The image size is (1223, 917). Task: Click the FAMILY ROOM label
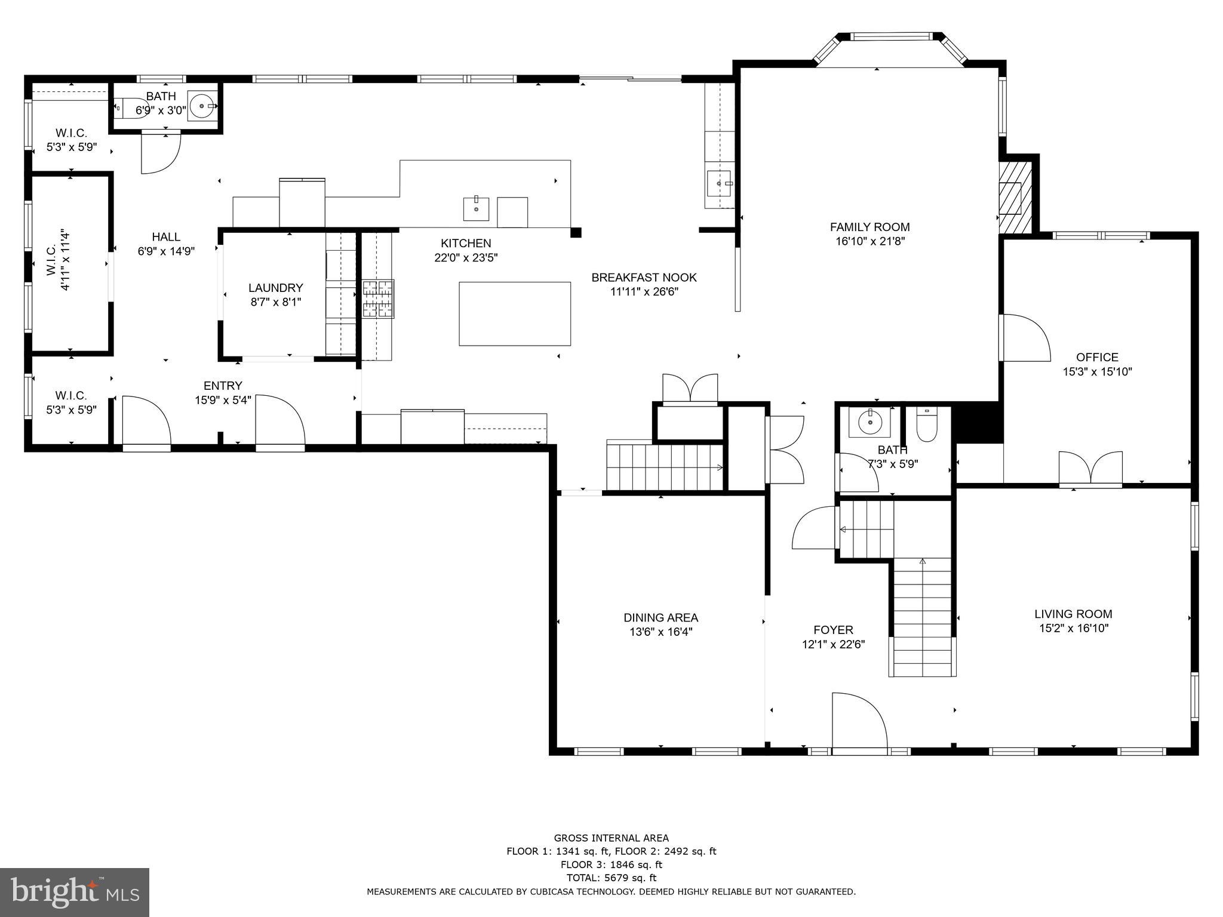coord(869,227)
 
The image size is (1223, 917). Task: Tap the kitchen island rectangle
coord(514,313)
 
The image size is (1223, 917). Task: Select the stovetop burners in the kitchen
coord(378,299)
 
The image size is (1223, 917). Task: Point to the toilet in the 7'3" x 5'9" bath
coord(926,424)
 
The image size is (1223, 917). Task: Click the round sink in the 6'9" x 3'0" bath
coord(202,106)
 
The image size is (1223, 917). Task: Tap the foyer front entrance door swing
coord(858,720)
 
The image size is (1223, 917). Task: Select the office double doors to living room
coord(1090,468)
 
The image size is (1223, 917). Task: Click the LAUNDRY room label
coord(275,288)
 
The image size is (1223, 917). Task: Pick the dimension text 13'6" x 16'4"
coord(660,632)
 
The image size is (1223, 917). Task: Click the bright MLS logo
coord(74,892)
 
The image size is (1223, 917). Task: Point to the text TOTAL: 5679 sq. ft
coord(611,878)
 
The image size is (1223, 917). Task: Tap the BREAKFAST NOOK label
coord(644,278)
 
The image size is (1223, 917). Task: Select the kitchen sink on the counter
coord(476,208)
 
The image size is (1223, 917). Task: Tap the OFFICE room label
coord(1097,357)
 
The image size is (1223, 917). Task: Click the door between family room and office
coord(1024,338)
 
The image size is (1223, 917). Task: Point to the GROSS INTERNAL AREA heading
coord(611,838)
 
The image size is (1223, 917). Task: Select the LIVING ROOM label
coord(1073,614)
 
